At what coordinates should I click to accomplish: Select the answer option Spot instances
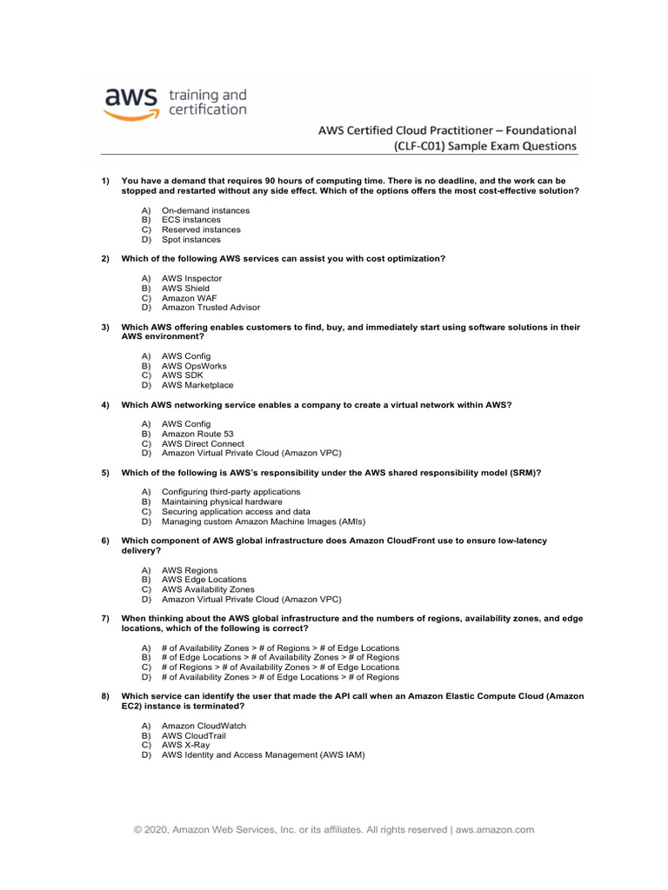point(191,240)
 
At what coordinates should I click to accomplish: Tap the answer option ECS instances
point(191,221)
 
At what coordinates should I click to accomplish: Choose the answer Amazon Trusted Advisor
point(210,308)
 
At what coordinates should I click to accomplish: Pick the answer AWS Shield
point(185,289)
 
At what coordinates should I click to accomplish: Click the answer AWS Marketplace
point(197,385)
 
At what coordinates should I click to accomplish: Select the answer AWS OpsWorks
point(194,366)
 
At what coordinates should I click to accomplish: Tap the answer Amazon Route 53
point(197,434)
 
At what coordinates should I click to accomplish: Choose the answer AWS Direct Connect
point(203,443)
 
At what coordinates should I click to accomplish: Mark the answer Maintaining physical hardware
point(222,502)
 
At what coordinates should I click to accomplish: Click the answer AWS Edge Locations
point(204,580)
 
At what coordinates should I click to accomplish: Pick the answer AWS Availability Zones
point(209,589)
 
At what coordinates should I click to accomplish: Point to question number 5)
point(104,473)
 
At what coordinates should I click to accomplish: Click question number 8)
point(104,696)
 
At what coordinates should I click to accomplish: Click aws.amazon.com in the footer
point(495,830)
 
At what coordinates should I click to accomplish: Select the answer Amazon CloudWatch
point(204,726)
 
